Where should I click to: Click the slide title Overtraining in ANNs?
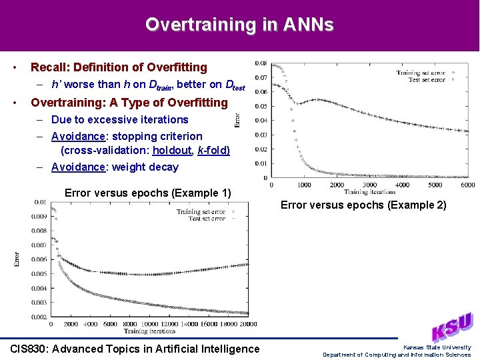tap(239, 25)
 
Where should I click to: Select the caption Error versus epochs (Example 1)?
tap(147, 193)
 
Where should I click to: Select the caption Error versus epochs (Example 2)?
tap(363, 205)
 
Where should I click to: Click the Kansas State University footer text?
tap(437, 347)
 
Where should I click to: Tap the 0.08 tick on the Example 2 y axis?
tap(261, 63)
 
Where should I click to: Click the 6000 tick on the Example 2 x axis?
tap(467, 185)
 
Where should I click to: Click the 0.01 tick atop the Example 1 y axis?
tap(41, 202)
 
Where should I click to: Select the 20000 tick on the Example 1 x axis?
tap(247, 324)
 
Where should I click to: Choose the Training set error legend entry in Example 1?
tap(201, 212)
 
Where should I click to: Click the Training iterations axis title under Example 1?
tap(149, 331)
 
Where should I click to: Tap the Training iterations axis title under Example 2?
tap(369, 192)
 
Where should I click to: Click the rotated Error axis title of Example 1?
tap(17, 259)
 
